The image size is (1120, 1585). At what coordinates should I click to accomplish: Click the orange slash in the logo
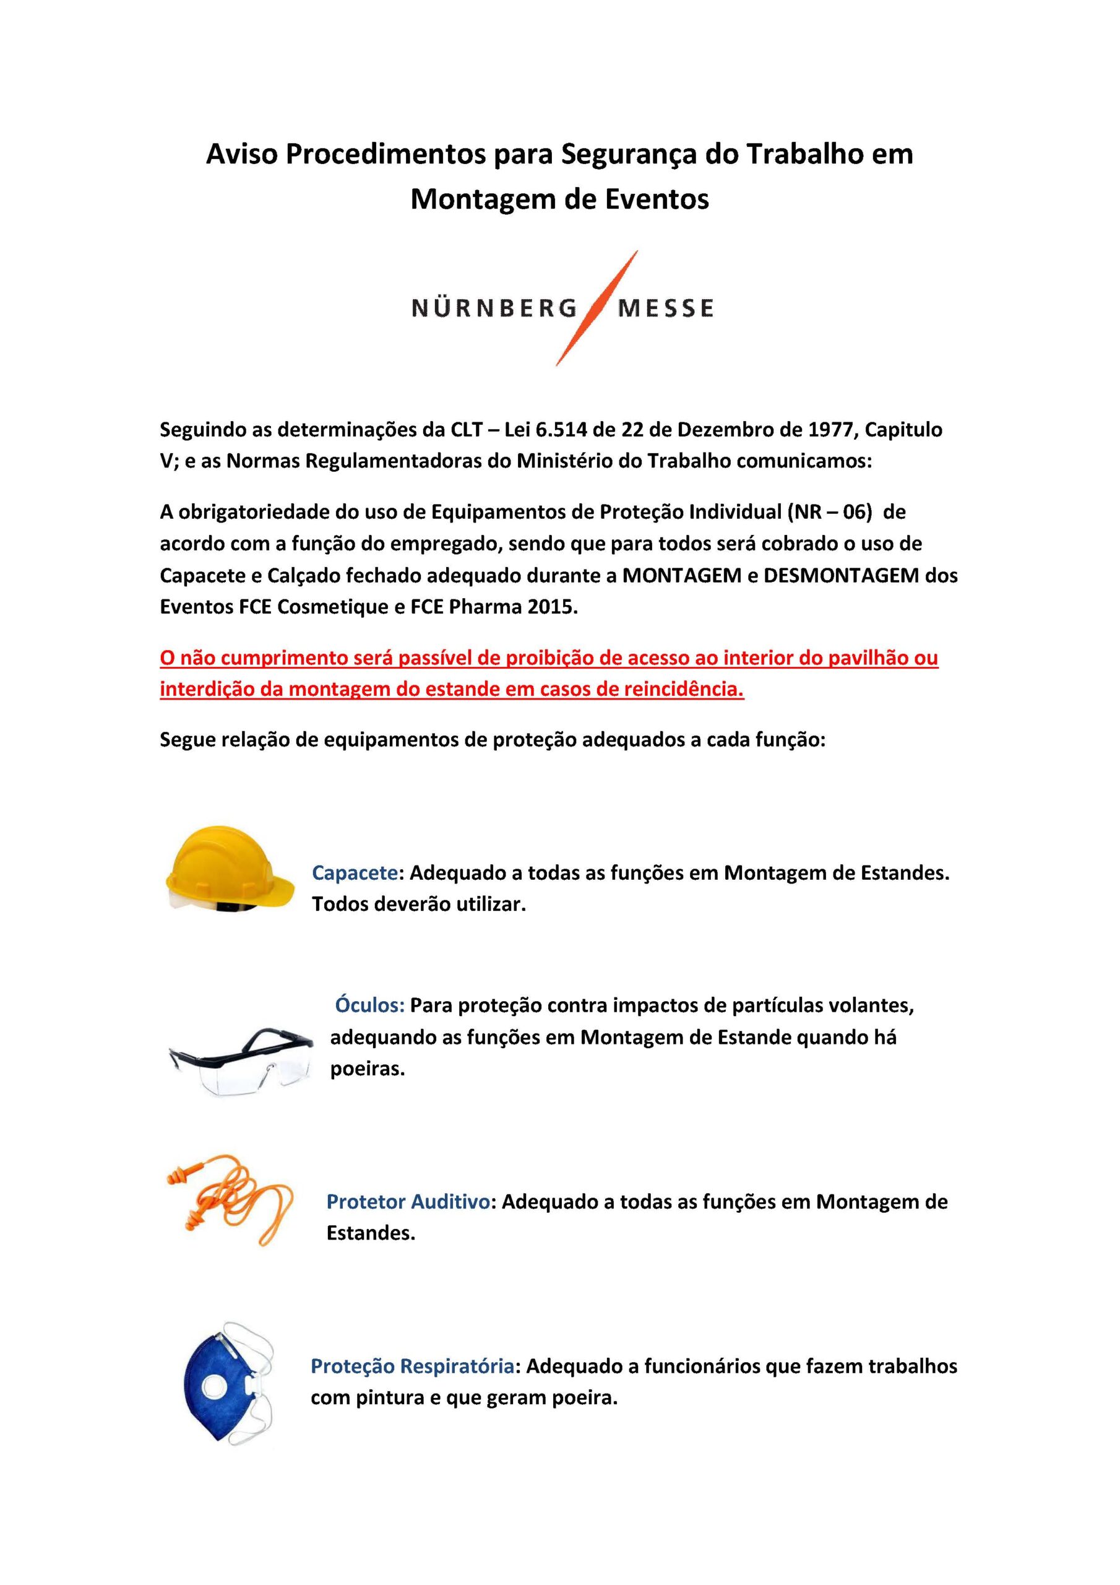point(597,308)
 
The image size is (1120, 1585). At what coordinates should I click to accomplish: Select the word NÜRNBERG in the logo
point(494,308)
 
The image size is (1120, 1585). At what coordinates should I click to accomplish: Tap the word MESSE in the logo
point(666,308)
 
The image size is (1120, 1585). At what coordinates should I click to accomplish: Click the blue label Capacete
point(355,873)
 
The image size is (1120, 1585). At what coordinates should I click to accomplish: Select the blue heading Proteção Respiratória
point(412,1366)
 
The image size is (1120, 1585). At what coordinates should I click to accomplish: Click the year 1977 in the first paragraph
point(832,430)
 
